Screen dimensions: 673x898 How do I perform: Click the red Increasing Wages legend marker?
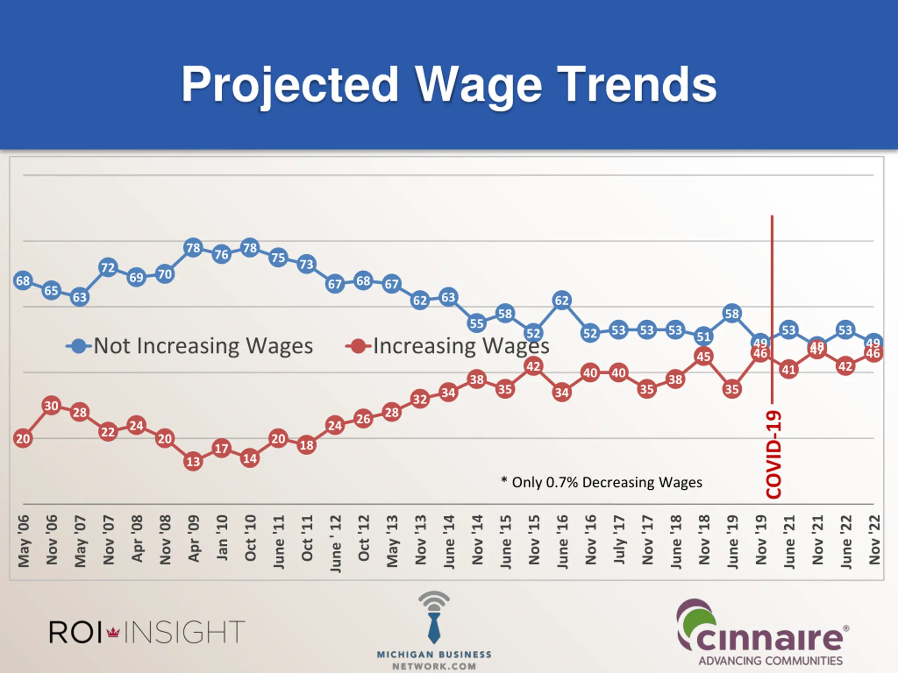coord(358,346)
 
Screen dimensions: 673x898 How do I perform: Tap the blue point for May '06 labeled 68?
coord(23,281)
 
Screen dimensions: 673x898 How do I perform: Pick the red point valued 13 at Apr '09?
coord(193,462)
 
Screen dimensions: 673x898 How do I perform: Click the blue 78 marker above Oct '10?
coord(250,247)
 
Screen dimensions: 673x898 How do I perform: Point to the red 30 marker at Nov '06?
coord(51,406)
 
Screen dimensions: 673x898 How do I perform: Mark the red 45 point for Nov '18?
coord(704,356)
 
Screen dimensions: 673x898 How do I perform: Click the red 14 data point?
coord(250,458)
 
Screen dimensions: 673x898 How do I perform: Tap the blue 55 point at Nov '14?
coord(477,323)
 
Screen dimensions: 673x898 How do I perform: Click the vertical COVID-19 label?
coord(773,454)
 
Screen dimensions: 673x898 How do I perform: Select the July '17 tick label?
coord(619,539)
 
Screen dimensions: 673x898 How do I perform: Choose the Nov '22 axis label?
coord(874,539)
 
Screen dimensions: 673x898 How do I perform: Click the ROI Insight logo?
coord(147,632)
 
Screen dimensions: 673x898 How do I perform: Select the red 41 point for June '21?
coord(789,370)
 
